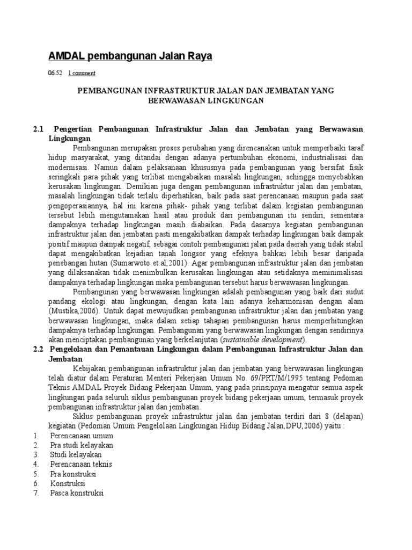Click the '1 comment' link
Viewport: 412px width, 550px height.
click(x=82, y=73)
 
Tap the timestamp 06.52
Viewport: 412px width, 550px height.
click(x=54, y=73)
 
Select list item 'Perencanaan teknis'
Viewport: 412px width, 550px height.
click(x=81, y=464)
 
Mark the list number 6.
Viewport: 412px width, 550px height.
click(x=35, y=483)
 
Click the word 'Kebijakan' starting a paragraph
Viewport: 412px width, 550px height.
click(x=90, y=368)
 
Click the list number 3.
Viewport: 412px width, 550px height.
click(x=35, y=454)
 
